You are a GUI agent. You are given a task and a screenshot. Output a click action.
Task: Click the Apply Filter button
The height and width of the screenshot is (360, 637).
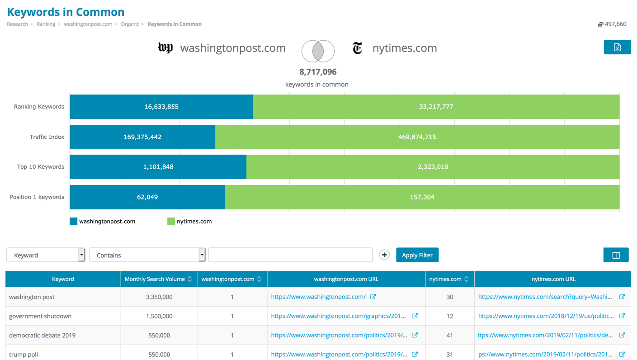click(417, 255)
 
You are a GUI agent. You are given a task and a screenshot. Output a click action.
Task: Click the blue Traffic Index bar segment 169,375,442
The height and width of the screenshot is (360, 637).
click(142, 137)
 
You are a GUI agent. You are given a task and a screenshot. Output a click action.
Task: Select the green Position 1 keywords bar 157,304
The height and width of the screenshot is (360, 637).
click(422, 197)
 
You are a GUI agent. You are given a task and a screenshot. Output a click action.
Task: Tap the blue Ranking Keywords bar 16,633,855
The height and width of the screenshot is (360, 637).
click(161, 107)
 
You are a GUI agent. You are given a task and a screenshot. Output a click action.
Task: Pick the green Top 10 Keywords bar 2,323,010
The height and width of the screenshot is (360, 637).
click(433, 167)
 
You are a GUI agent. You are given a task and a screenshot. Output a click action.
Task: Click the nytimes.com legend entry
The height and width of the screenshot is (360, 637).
click(189, 222)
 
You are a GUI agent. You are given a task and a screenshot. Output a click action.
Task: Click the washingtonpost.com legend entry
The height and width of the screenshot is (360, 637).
click(103, 222)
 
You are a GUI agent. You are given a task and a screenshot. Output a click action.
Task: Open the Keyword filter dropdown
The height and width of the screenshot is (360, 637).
click(46, 255)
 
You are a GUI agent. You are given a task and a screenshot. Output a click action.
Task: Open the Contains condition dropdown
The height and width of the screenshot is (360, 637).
click(147, 255)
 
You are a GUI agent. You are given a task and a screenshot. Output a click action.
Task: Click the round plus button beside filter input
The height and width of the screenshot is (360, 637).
click(384, 255)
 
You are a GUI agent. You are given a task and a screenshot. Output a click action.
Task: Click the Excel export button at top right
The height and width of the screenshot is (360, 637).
click(617, 47)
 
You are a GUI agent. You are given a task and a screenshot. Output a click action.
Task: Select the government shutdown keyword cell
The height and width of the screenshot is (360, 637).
click(40, 316)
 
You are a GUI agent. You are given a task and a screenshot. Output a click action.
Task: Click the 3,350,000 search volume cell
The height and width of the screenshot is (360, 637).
click(159, 297)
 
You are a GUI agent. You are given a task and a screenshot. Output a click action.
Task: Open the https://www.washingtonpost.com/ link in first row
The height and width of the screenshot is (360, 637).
click(318, 297)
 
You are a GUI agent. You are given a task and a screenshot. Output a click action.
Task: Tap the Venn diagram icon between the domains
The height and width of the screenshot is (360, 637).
click(318, 51)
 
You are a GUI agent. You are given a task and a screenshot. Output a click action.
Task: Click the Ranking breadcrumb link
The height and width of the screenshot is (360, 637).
click(46, 24)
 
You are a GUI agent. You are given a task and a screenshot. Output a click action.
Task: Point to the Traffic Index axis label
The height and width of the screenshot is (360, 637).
click(47, 137)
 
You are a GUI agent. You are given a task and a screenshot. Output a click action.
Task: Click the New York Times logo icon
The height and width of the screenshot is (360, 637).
click(358, 48)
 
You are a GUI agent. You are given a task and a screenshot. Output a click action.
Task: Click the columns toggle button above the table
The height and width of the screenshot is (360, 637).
click(616, 255)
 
